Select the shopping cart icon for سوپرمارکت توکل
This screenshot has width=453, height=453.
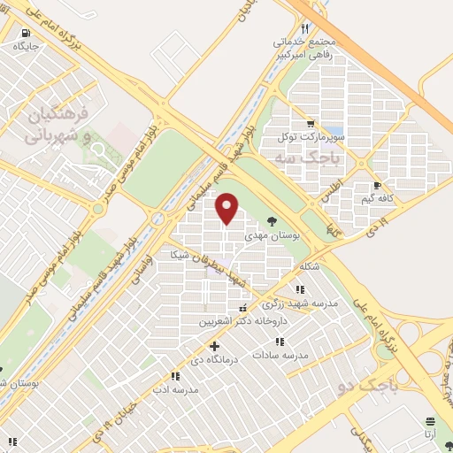309,123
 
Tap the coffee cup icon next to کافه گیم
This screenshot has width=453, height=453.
377,186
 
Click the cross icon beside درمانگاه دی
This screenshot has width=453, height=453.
213,346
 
